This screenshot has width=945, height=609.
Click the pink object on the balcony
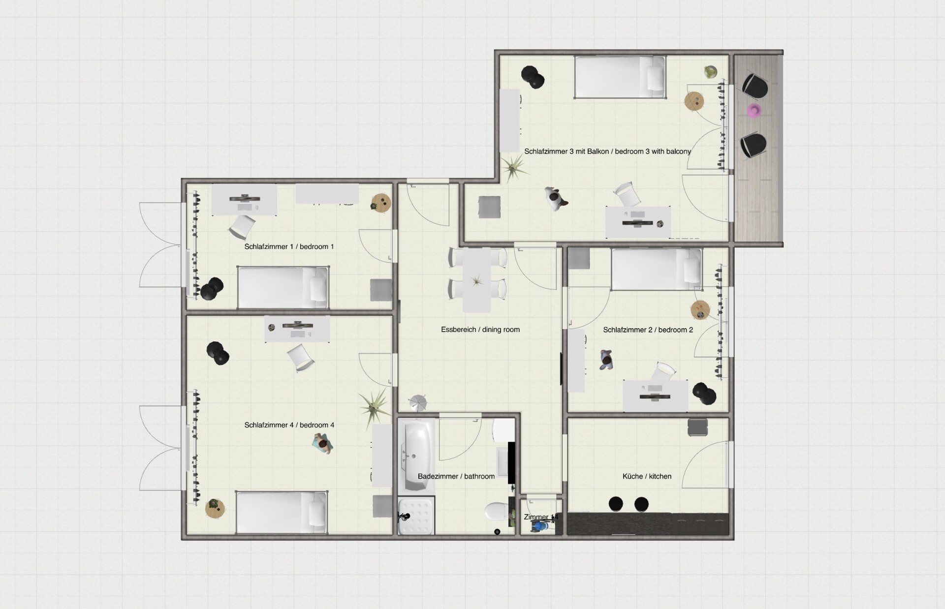coord(754,110)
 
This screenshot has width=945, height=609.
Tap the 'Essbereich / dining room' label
coord(480,330)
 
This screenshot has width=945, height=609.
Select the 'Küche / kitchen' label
coord(647,476)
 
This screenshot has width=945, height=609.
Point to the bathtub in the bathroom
coord(416,455)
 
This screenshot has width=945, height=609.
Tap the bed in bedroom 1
coord(283,287)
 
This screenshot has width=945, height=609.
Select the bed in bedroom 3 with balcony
coord(620,77)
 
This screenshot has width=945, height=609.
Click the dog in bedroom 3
coord(556,198)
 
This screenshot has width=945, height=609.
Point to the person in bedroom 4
coord(322,444)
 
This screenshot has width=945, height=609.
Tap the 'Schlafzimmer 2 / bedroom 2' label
coord(648,330)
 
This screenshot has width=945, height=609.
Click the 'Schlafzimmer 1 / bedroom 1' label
coord(289,246)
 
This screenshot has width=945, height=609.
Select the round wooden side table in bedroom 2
coord(700,310)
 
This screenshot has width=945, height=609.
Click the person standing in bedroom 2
coord(606,360)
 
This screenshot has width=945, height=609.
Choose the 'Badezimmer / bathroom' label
coord(456,476)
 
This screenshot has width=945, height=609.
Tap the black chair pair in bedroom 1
coord(212,289)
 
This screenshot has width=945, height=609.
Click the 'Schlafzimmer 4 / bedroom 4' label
coord(289,425)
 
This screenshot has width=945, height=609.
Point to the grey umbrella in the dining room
coord(418,402)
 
